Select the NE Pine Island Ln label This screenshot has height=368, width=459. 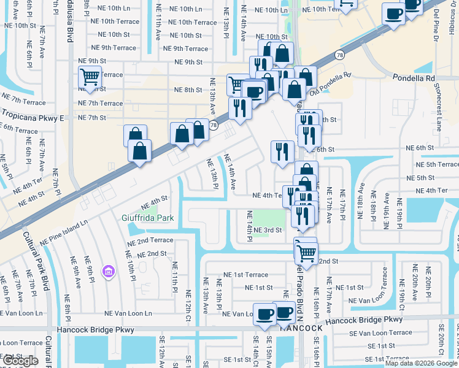(64, 233)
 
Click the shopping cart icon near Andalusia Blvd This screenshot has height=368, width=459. (90, 79)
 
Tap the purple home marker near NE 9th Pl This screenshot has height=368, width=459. (109, 271)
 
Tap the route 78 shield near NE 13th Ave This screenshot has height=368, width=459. (213, 125)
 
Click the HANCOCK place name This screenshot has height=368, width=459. (301, 328)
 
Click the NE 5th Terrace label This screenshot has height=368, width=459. (437, 164)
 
